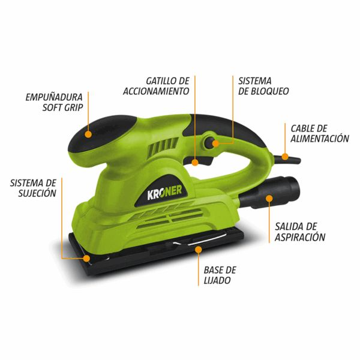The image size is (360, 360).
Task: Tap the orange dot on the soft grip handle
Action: (x=88, y=134)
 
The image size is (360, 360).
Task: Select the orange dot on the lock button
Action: (x=215, y=143)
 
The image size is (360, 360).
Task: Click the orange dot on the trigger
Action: (x=195, y=163)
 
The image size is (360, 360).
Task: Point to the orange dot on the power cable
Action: (x=285, y=157)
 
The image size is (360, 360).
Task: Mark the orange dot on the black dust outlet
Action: (x=269, y=199)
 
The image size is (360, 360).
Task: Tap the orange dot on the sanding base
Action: (x=199, y=250)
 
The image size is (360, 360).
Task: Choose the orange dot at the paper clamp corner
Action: (x=86, y=258)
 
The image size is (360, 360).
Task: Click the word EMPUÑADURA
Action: (x=54, y=97)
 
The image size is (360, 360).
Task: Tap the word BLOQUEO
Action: (x=270, y=91)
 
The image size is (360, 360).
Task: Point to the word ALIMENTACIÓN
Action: (x=320, y=139)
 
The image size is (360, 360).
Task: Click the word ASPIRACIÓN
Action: (x=300, y=237)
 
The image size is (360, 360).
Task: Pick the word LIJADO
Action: (x=217, y=280)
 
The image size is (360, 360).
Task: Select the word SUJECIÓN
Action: (x=37, y=193)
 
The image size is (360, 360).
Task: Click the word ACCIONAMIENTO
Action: (x=156, y=91)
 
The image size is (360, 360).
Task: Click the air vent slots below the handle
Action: (x=163, y=148)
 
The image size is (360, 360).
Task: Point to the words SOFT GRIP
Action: (x=62, y=107)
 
